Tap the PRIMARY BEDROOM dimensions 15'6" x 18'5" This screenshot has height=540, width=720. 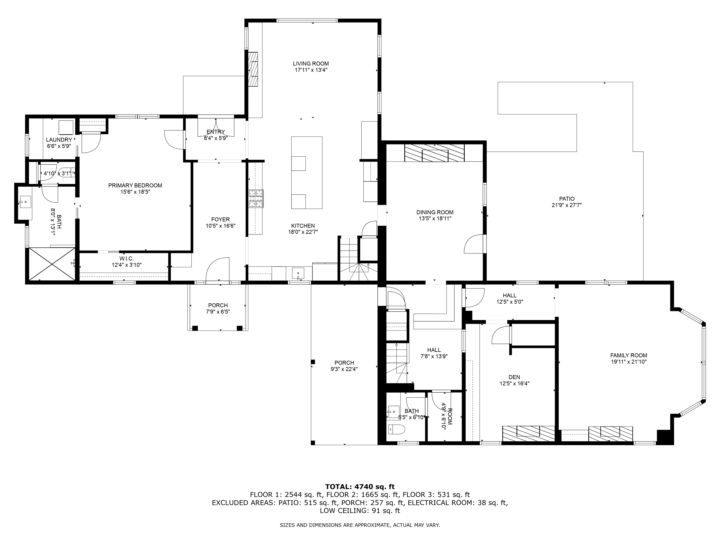[135, 192]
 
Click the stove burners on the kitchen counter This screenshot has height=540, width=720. [256, 199]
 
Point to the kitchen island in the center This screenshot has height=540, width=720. [307, 172]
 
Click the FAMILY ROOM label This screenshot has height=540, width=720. [628, 355]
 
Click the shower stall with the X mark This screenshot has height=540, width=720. [52, 264]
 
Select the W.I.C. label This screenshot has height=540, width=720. [126, 258]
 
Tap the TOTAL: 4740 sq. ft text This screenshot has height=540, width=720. [360, 487]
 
